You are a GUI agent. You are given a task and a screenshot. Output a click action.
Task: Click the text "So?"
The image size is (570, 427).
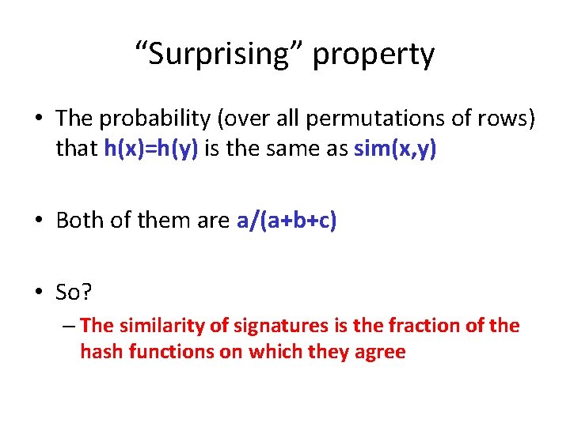tap(74, 293)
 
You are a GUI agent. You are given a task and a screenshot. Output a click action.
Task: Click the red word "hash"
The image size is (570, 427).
tap(99, 352)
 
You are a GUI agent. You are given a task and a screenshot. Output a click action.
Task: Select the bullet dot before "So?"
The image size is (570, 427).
tap(40, 293)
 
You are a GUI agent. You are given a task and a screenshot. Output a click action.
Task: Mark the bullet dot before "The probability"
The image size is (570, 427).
tap(40, 119)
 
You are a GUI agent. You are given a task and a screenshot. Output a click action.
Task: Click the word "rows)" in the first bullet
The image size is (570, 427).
tap(512, 119)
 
